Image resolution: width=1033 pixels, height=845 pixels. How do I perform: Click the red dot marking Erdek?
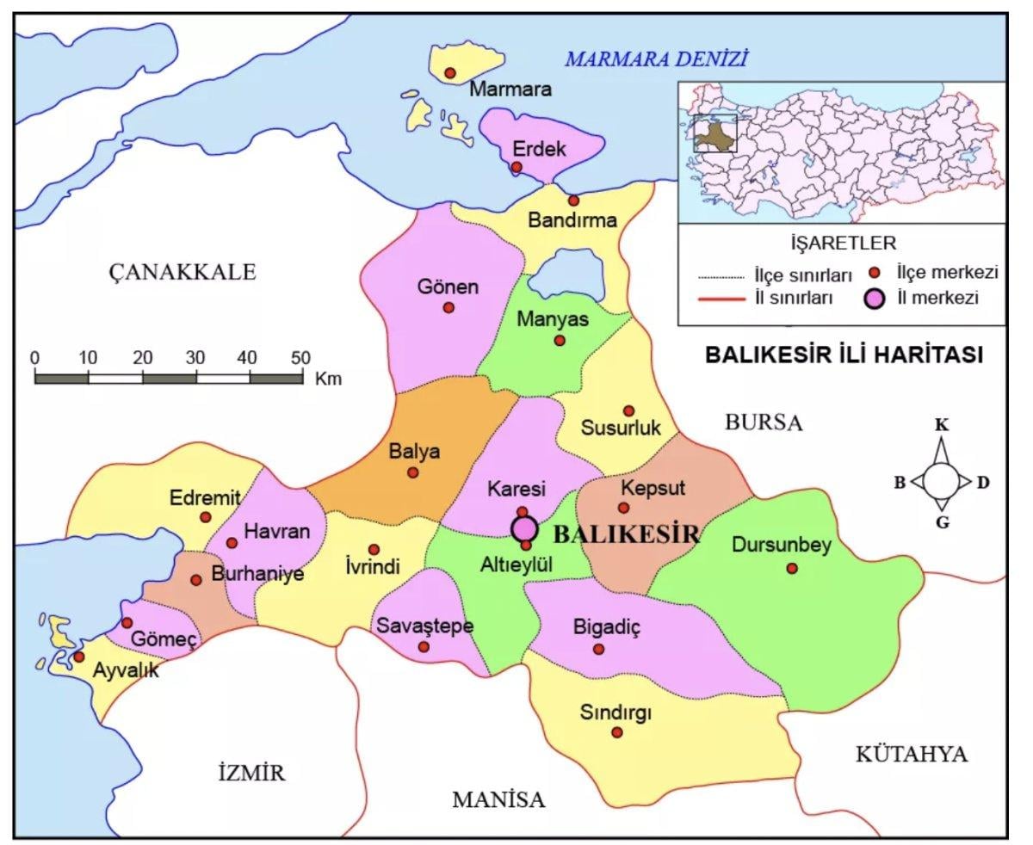(516, 167)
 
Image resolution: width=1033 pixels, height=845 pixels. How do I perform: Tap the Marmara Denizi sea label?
(656, 59)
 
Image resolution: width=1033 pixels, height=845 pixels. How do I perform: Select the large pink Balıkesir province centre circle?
(524, 528)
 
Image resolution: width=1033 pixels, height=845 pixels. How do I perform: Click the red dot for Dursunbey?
(792, 568)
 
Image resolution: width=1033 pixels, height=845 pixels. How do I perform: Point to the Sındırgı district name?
(616, 712)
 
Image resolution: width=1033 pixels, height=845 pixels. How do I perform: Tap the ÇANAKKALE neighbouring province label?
(182, 273)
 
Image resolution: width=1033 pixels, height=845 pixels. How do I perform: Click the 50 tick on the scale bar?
(301, 357)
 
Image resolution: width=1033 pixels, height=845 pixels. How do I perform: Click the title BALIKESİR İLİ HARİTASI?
(844, 355)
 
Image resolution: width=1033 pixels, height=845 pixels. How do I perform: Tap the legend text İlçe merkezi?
(946, 273)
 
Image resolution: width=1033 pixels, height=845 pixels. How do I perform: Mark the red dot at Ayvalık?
(79, 657)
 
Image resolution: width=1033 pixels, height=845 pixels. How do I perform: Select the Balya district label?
(414, 451)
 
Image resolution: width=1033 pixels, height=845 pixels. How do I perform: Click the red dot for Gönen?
(448, 307)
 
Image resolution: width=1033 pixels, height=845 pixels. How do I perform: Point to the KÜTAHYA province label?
(912, 755)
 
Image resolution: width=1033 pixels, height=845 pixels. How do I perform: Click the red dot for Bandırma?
(573, 200)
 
